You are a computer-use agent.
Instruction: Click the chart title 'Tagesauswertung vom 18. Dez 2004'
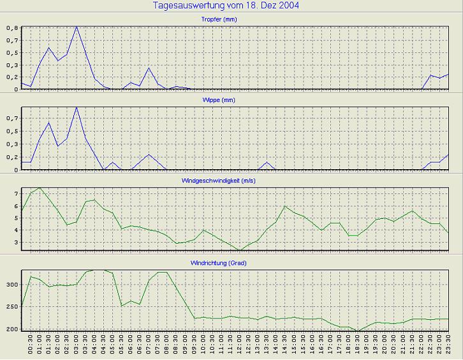point(227,6)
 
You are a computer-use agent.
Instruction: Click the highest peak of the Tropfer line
point(77,27)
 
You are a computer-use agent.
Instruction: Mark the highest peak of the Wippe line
point(77,107)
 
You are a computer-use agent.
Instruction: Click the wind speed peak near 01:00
point(40,188)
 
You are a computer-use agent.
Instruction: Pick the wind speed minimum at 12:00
point(239,250)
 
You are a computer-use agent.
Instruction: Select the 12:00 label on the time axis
point(239,347)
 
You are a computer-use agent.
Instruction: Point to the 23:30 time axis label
point(448,347)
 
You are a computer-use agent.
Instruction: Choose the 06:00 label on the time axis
point(131,347)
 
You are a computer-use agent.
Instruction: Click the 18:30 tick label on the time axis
point(357,347)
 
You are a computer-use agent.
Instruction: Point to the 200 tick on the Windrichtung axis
point(11,329)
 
